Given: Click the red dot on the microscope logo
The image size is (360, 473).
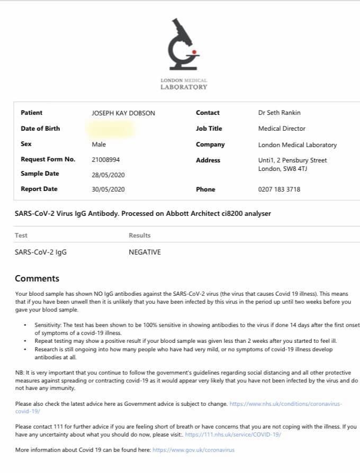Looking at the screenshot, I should [195, 52].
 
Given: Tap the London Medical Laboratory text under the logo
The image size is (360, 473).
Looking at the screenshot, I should [184, 84].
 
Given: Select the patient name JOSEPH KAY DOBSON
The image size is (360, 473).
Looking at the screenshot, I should [123, 113].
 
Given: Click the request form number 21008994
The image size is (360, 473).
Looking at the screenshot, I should [106, 159].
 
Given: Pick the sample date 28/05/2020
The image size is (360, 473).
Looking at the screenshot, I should [108, 175].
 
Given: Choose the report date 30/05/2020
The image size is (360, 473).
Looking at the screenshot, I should [108, 189].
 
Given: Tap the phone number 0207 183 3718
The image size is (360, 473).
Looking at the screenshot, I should [279, 189].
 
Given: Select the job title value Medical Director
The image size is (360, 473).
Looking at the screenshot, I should [282, 129].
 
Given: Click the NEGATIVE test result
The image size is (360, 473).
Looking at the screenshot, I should [145, 252].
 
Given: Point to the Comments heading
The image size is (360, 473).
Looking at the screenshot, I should [37, 278].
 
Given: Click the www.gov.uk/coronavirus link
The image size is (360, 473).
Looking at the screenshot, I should [193, 450].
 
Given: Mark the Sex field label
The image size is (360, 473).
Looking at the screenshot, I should [26, 144].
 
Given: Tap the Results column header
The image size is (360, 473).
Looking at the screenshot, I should [140, 235].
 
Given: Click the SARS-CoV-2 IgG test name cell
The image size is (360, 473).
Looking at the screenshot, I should [41, 252].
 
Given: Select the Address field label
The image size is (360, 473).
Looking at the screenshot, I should [208, 160].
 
